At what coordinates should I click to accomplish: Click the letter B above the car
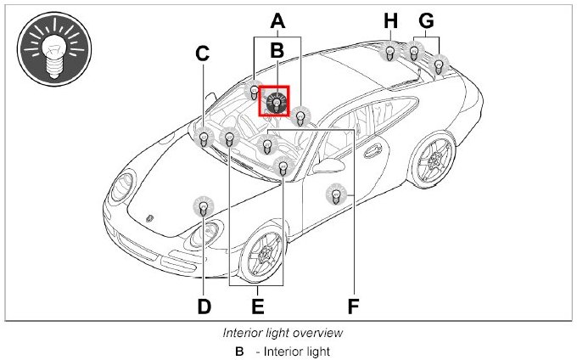277,52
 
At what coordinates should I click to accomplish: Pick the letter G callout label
426,20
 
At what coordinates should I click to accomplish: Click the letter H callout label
389,20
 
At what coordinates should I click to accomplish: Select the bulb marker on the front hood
203,205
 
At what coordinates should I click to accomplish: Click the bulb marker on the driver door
337,195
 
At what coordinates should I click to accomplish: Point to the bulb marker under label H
389,52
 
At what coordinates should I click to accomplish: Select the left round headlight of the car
126,184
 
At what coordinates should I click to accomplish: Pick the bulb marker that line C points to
204,138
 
